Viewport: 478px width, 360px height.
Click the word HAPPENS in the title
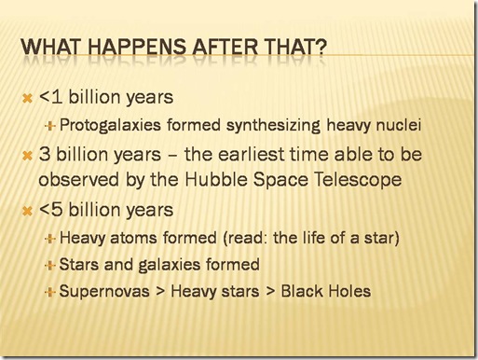[137, 48]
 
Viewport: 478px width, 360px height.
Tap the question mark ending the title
[321, 48]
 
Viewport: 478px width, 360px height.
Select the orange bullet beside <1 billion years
[28, 99]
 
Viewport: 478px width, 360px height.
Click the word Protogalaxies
[110, 126]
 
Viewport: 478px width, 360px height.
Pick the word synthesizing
[273, 126]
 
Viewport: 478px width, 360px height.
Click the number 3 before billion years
[45, 154]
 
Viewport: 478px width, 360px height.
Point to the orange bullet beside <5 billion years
[28, 212]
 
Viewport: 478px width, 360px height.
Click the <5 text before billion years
[51, 210]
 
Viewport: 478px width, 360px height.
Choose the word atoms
[134, 238]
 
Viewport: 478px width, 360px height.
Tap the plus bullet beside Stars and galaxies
[49, 266]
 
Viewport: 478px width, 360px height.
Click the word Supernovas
[104, 292]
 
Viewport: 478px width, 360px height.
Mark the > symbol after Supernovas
[160, 292]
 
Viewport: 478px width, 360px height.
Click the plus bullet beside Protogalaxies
[49, 126]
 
